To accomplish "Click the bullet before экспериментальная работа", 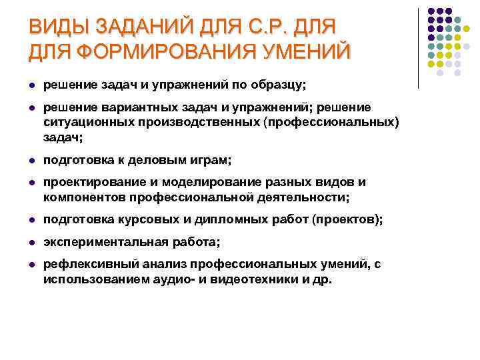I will point(31,242).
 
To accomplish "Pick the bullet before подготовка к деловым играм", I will point(31,160).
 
